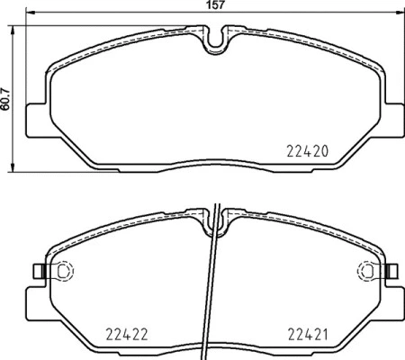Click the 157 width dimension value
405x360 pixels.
(212, 6)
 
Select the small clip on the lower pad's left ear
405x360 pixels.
(37, 269)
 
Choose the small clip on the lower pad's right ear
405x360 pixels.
(392, 269)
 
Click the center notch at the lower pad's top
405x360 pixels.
(215, 216)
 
